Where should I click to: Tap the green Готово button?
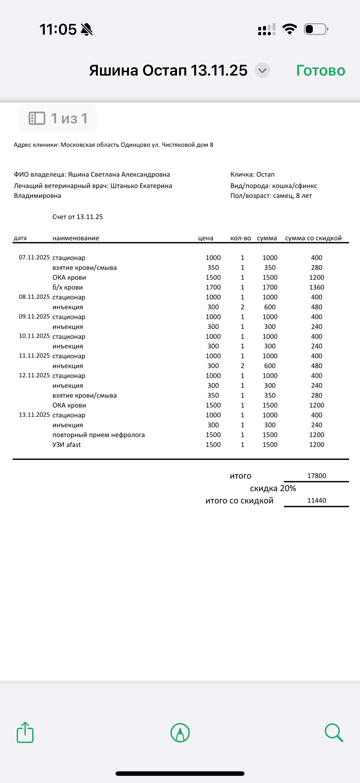coord(321,70)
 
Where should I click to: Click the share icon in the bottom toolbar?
coord(25,733)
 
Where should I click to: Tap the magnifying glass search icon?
coord(333,733)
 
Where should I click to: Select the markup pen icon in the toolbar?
coord(180,733)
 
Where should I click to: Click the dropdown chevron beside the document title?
coord(262,70)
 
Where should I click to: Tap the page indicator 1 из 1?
coord(58,118)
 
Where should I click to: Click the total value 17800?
coord(316,476)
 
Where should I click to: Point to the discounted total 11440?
coord(316,500)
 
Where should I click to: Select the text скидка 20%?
coord(273,489)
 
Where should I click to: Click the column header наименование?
coord(76,238)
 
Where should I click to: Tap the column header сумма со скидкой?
coord(313,238)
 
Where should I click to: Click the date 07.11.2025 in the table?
coord(34,257)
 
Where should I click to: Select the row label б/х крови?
coord(67,287)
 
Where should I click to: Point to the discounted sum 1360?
coord(316,287)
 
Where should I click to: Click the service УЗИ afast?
coord(67,445)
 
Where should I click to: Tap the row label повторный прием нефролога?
coord(99,435)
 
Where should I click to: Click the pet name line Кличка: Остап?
coord(252,174)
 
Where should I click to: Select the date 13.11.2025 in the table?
coord(34,415)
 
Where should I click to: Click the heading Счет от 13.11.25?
coord(78,217)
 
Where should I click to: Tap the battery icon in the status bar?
coord(316,29)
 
